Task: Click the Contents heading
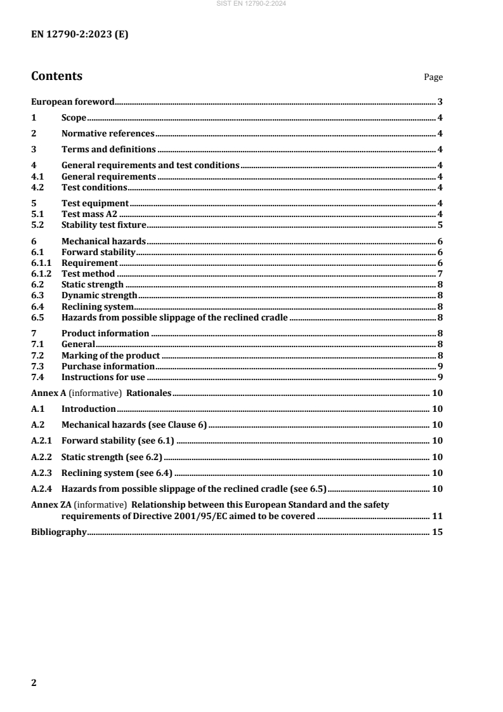[x=56, y=76]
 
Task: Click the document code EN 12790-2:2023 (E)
[x=80, y=36]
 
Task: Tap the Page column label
[x=433, y=77]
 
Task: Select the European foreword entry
[x=72, y=102]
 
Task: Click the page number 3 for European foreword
[x=440, y=102]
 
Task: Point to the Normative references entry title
[x=108, y=134]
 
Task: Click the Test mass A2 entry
[x=89, y=214]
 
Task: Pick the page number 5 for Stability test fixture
[x=440, y=225]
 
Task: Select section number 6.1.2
[x=41, y=274]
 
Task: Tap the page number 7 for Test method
[x=440, y=274]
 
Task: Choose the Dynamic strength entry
[x=99, y=295]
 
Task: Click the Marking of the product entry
[x=110, y=355]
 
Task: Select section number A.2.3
[x=41, y=473]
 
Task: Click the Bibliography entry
[x=58, y=532]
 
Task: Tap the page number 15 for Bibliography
[x=437, y=532]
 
